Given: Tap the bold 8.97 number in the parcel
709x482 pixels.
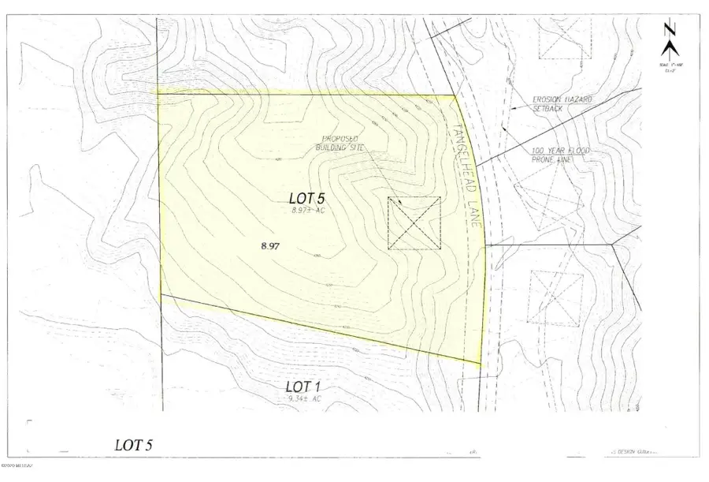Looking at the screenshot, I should coord(271,246).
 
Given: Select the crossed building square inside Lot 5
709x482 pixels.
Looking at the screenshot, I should coord(414,223).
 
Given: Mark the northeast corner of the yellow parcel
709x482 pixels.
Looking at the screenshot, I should coord(458,96).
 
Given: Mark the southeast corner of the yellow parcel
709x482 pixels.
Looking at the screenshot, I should coord(481,364).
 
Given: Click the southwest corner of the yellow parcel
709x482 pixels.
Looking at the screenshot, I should coord(161,295).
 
